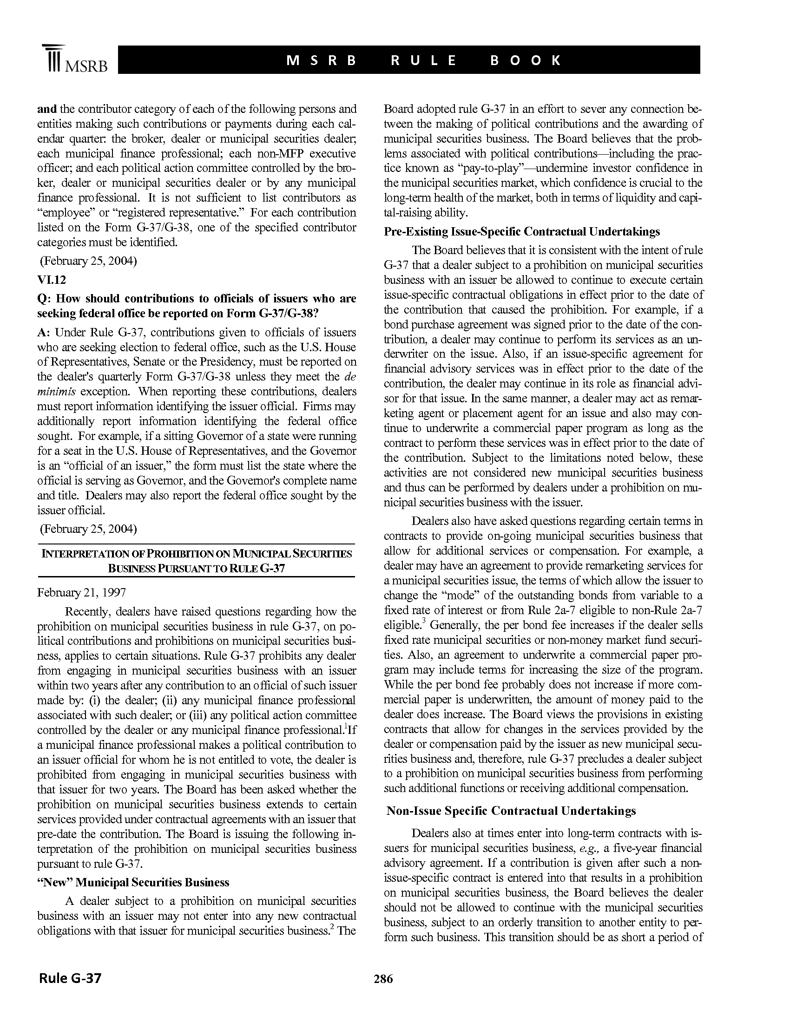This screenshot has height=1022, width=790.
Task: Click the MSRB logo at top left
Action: pos(74,59)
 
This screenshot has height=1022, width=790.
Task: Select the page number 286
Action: pos(383,979)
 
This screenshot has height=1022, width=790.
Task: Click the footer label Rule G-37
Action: pos(70,978)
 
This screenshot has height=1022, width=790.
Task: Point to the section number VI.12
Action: pos(52,280)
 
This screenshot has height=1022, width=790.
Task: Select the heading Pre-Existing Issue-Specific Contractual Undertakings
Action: pos(522,232)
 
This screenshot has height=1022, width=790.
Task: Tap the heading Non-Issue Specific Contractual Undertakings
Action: pos(511,811)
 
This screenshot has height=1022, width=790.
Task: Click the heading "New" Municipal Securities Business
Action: pos(133,883)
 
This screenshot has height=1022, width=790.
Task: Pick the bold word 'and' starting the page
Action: pos(47,109)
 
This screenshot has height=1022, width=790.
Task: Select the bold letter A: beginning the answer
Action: pos(43,332)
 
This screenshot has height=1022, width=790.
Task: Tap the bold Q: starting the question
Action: pos(44,299)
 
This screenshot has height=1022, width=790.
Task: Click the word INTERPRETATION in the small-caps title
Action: pos(86,554)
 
